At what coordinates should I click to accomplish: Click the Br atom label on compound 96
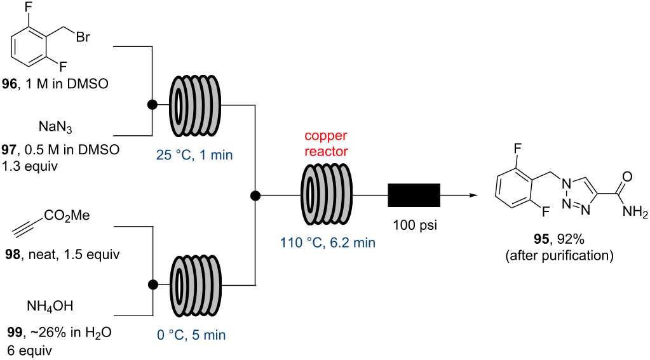coord(84,38)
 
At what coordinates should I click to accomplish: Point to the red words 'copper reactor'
coord(326,145)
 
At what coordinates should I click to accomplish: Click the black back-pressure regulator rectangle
coord(414,195)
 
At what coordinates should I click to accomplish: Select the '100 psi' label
coord(414,226)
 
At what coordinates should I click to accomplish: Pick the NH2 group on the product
coord(633,215)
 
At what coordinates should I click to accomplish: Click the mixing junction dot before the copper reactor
coord(255,195)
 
